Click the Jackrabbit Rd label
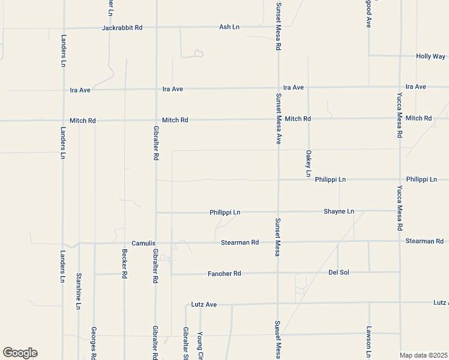[x=122, y=28]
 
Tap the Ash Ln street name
[x=229, y=27]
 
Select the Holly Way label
[x=430, y=56]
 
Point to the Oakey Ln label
[x=309, y=163]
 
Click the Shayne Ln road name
[x=339, y=212]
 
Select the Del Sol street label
[x=339, y=272]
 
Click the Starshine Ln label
[x=79, y=291]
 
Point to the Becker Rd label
[x=125, y=263]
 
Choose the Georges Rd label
[x=94, y=343]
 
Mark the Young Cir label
[x=200, y=343]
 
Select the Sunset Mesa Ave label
[x=279, y=119]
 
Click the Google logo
[x=20, y=353]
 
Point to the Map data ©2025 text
[x=424, y=355]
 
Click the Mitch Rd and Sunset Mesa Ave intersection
[x=278, y=119]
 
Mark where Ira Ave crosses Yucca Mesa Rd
[x=400, y=87]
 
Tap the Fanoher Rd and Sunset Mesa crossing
[x=278, y=273]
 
